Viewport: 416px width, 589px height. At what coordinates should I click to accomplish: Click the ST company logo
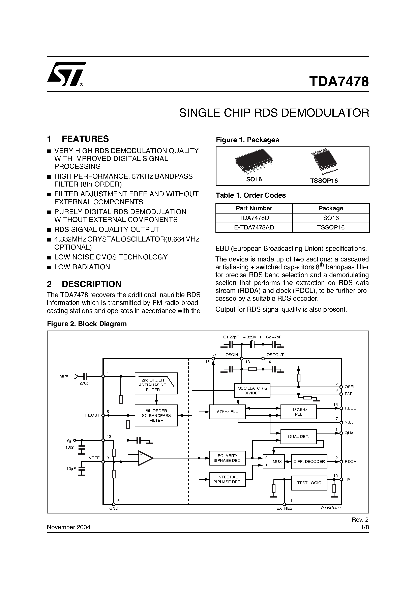pos(66,74)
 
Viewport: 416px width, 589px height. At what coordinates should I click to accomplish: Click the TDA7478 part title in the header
pos(339,82)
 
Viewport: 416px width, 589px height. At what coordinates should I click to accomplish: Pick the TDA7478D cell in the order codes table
pos(254,218)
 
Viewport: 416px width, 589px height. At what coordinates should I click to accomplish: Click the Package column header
pos(331,208)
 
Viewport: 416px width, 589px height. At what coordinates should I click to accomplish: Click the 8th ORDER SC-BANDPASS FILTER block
pos(156,415)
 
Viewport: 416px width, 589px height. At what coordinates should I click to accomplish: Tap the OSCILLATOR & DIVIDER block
pos(252,390)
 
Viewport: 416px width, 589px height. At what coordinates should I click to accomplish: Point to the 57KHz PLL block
pos(227,412)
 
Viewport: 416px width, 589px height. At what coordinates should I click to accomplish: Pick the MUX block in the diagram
pos(274,461)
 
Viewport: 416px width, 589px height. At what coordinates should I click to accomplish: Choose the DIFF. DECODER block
pos(309,461)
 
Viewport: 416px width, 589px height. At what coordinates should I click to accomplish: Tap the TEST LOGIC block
pos(309,483)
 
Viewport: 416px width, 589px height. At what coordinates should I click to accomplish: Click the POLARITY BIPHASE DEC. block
pos(227,458)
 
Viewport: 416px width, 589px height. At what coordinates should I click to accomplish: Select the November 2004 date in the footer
pos(68,527)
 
